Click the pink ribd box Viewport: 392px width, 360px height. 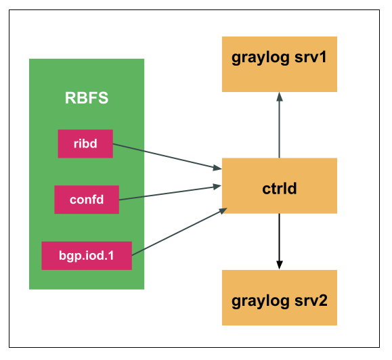[x=85, y=143]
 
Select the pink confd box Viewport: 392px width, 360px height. [x=87, y=200]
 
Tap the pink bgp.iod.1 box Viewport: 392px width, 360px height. [x=87, y=256]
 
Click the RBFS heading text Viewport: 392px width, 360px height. [x=87, y=97]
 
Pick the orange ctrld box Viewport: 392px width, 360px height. [x=280, y=186]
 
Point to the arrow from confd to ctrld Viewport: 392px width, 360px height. [x=169, y=192]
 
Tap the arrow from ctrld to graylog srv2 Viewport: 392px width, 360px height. [x=279, y=240]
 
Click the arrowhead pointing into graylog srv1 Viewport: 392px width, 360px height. [x=279, y=97]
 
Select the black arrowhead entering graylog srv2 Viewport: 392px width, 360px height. [x=279, y=265]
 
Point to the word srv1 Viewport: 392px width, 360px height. [x=310, y=57]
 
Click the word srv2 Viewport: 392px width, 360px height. [x=310, y=300]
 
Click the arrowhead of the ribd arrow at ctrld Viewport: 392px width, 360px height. [x=217, y=167]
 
